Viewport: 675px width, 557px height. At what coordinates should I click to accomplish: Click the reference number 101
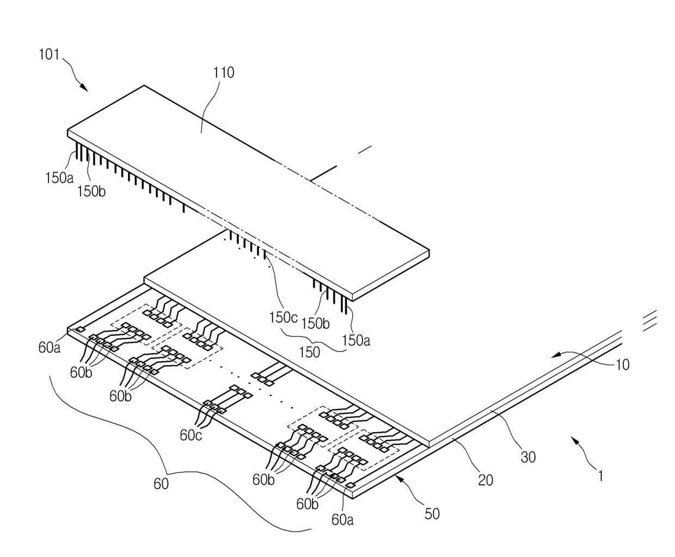click(49, 54)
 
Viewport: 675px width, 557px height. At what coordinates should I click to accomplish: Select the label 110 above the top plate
click(224, 72)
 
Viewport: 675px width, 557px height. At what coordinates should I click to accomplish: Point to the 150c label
click(284, 317)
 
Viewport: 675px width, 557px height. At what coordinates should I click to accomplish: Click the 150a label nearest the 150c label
click(356, 340)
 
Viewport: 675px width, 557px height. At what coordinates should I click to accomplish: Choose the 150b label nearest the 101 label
click(91, 192)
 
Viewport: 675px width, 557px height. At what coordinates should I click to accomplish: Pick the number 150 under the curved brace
click(309, 352)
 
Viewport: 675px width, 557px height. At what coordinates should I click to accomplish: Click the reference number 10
click(622, 365)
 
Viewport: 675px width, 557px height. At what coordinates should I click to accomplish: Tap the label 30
click(528, 457)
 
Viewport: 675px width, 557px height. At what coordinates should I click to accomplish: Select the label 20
click(486, 480)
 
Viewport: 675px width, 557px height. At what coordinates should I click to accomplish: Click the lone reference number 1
click(600, 476)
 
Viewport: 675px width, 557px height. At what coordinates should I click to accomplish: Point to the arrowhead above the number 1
click(573, 440)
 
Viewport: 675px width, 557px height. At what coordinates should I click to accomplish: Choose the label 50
click(432, 513)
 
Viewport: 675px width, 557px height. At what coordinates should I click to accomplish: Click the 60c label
click(191, 435)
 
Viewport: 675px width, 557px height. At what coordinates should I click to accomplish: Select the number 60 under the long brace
click(161, 484)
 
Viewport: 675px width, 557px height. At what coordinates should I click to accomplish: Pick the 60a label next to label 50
click(342, 519)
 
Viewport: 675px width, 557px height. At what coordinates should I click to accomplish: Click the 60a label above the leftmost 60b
click(49, 347)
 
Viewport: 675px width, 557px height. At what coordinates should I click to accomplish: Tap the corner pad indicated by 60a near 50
click(351, 485)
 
